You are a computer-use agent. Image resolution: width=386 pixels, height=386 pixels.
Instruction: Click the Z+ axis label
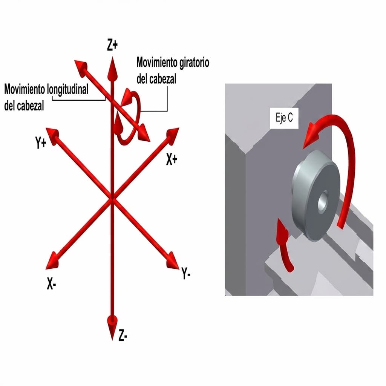(112, 46)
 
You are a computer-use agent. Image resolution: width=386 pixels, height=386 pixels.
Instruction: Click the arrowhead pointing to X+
(172, 135)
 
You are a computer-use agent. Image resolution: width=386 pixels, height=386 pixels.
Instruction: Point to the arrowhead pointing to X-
(53, 261)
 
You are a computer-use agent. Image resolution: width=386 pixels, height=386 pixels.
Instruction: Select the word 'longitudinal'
(67, 90)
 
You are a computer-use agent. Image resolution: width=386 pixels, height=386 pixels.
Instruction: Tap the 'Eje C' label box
(284, 118)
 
